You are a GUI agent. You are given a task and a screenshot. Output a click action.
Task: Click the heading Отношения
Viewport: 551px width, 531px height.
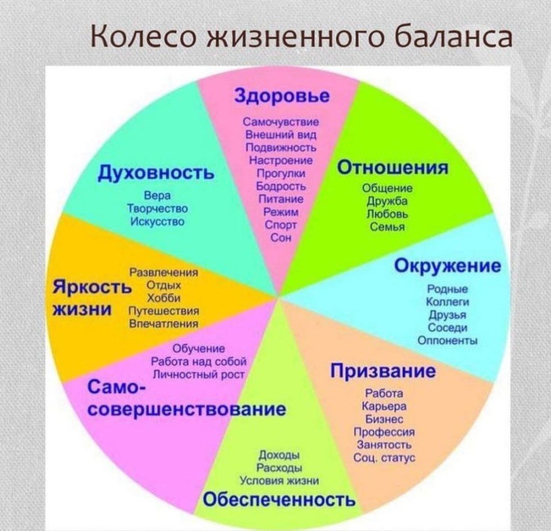pyautogui.click(x=392, y=168)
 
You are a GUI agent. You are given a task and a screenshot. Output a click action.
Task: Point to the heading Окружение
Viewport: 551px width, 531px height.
pyautogui.click(x=447, y=265)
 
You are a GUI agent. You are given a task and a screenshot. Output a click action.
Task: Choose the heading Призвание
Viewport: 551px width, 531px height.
pyautogui.click(x=382, y=371)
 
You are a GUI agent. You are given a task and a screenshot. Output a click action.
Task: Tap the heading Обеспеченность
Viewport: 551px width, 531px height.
pyautogui.click(x=279, y=499)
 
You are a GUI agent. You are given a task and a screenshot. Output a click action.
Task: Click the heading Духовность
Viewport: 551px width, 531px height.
pyautogui.click(x=157, y=173)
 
